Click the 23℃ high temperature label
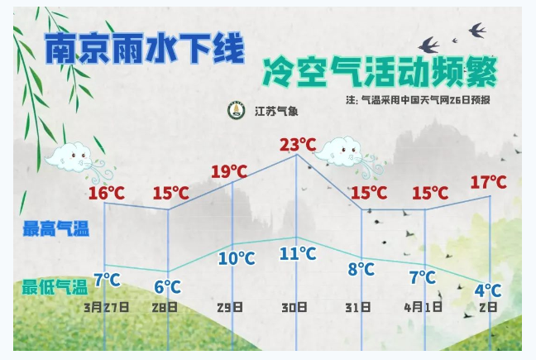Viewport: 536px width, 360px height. (x=298, y=145)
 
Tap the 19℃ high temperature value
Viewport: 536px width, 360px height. (x=229, y=171)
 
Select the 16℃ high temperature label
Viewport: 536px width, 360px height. (x=107, y=193)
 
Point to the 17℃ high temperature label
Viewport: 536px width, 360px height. (x=489, y=182)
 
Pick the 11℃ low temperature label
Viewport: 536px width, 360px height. (x=298, y=254)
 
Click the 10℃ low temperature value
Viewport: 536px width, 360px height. (x=237, y=258)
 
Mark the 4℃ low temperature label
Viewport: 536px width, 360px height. (x=488, y=290)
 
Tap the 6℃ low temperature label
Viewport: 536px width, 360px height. (x=167, y=287)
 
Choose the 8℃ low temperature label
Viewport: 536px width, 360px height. (x=361, y=269)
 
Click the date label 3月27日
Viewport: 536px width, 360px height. (x=107, y=307)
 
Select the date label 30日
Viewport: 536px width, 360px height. (x=294, y=307)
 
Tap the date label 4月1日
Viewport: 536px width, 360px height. (x=424, y=307)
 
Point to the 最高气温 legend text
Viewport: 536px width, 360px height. (x=56, y=228)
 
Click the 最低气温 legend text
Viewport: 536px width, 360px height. (x=55, y=287)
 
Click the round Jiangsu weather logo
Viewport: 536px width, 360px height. (x=237, y=110)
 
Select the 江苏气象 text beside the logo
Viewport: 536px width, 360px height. (x=276, y=111)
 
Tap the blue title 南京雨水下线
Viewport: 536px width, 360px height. (x=145, y=48)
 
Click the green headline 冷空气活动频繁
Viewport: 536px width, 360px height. (x=380, y=73)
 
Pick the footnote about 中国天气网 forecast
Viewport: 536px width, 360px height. (x=418, y=100)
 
